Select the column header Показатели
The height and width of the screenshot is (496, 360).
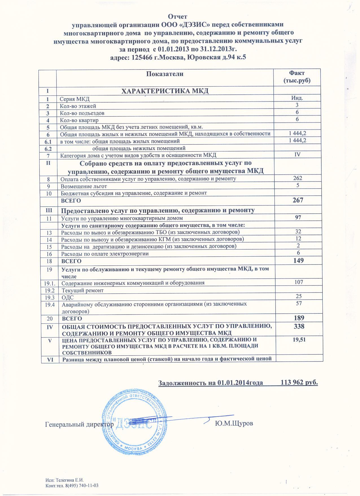pyautogui.click(x=165, y=74)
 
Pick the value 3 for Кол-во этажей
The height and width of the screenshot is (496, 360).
pyautogui.click(x=297, y=105)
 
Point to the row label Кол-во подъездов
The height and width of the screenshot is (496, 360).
pyautogui.click(x=82, y=113)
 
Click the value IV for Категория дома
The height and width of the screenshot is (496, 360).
pyautogui.click(x=297, y=154)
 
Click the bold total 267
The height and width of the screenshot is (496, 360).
pyautogui.click(x=298, y=200)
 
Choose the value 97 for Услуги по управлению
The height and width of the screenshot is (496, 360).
pyautogui.click(x=298, y=217)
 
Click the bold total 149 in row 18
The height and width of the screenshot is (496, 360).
pyautogui.click(x=298, y=260)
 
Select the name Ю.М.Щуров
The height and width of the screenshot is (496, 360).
pyautogui.click(x=234, y=424)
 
